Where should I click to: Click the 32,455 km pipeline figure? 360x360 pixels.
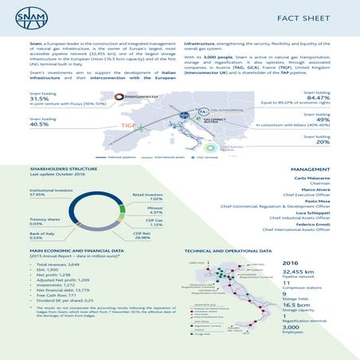(x=297, y=271)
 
